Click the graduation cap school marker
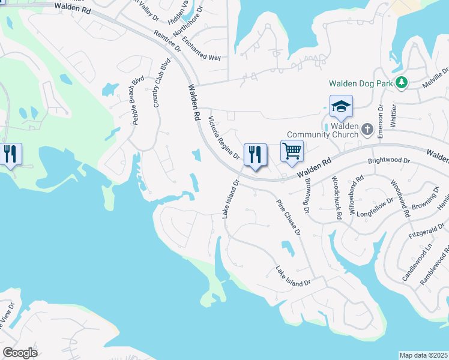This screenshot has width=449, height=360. click(341, 107)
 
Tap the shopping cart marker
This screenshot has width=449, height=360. click(292, 152)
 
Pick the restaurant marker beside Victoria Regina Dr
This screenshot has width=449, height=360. click(255, 156)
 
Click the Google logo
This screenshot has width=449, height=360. click(20, 353)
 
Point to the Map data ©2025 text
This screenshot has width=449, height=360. click(423, 355)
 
